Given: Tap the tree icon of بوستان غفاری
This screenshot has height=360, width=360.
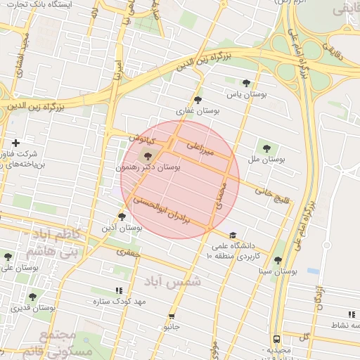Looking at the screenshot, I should click(198, 99).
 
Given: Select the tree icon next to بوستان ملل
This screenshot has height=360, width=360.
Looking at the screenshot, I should click(266, 148).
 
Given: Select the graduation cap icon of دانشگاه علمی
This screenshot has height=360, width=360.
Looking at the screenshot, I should click(233, 236).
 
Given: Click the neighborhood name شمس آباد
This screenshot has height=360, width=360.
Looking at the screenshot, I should click(172, 281).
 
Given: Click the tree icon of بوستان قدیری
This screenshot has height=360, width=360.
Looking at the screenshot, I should click(32, 297).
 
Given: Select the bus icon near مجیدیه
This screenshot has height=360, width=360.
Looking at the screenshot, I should click(276, 338).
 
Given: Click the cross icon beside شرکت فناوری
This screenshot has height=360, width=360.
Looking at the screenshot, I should click(15, 143).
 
